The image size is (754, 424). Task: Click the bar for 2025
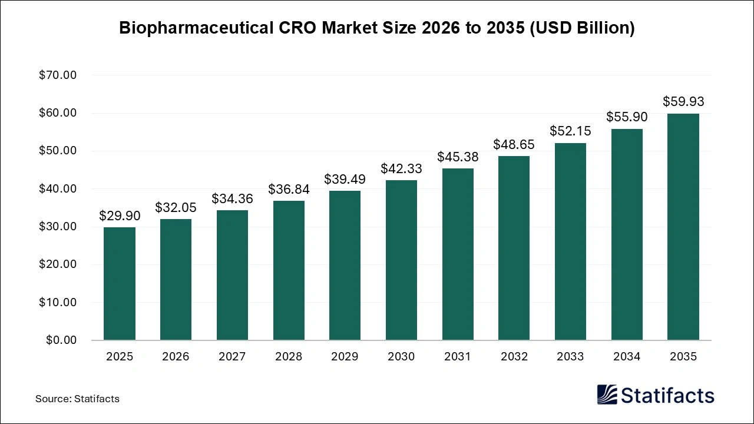pyautogui.click(x=120, y=284)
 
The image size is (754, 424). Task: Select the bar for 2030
pyautogui.click(x=401, y=260)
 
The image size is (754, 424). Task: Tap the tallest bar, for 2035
pyautogui.click(x=683, y=227)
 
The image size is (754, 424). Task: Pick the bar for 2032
pyautogui.click(x=514, y=248)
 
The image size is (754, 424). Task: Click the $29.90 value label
pyautogui.click(x=120, y=216)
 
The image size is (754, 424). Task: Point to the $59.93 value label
pyautogui.click(x=683, y=102)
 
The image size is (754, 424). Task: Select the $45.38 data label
pyautogui.click(x=458, y=157)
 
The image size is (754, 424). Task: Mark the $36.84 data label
pyautogui.click(x=289, y=190)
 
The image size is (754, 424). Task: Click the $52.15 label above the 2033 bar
pyautogui.click(x=570, y=131)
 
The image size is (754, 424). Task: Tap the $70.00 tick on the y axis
pyautogui.click(x=58, y=75)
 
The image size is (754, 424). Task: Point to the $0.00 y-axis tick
pyautogui.click(x=61, y=340)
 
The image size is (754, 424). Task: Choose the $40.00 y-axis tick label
pyautogui.click(x=58, y=189)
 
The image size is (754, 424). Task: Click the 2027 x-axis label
pyautogui.click(x=232, y=357)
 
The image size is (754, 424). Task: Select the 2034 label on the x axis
pyautogui.click(x=627, y=357)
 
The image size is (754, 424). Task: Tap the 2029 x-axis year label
pyautogui.click(x=345, y=357)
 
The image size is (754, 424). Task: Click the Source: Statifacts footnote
pyautogui.click(x=77, y=399)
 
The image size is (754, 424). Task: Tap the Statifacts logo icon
pyautogui.click(x=607, y=395)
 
